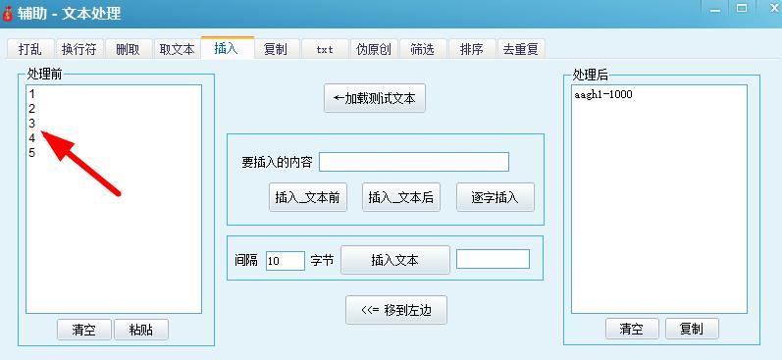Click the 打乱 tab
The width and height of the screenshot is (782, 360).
click(29, 49)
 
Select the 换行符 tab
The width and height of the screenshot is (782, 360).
click(78, 49)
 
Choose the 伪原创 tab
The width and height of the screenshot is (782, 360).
click(374, 49)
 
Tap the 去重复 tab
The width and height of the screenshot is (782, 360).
click(522, 49)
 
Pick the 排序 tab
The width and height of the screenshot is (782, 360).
click(472, 49)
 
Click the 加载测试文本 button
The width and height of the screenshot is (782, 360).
click(375, 99)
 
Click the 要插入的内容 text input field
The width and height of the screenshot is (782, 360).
click(414, 162)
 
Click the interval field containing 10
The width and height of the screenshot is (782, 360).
click(285, 261)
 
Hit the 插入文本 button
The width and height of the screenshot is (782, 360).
click(394, 260)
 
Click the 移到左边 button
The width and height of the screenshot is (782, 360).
click(396, 310)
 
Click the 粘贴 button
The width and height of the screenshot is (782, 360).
click(141, 330)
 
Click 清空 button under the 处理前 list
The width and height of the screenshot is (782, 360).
click(83, 330)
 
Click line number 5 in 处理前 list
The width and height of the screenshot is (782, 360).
click(32, 153)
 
